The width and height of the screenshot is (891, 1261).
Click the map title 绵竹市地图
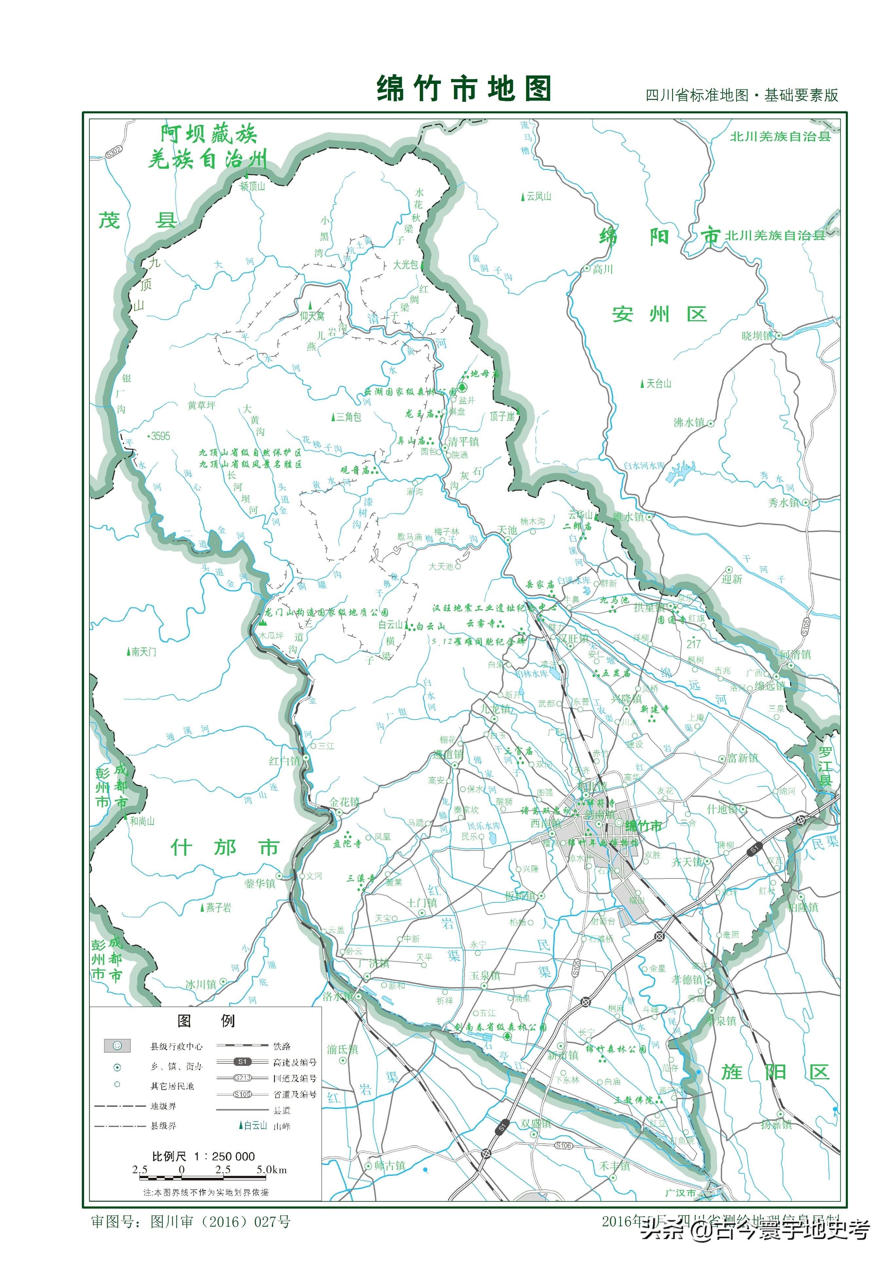tap(464, 89)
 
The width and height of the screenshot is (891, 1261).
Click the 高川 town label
tap(602, 269)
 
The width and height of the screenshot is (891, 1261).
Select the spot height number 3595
tap(160, 436)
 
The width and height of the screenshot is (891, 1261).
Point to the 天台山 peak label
tap(658, 383)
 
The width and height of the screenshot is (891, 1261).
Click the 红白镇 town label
tap(284, 761)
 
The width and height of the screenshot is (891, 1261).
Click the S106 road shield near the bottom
tap(563, 1145)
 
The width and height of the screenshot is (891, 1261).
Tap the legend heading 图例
tap(206, 1021)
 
